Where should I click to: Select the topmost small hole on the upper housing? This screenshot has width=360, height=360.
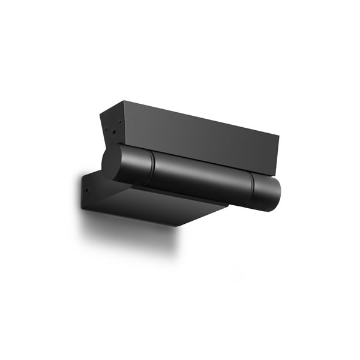pos(120,122)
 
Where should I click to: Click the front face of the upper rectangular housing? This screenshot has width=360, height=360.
pos(198,141)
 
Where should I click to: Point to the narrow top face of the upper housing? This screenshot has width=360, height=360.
pos(192,115)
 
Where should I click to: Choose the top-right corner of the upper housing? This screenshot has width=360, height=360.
pos(279,135)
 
